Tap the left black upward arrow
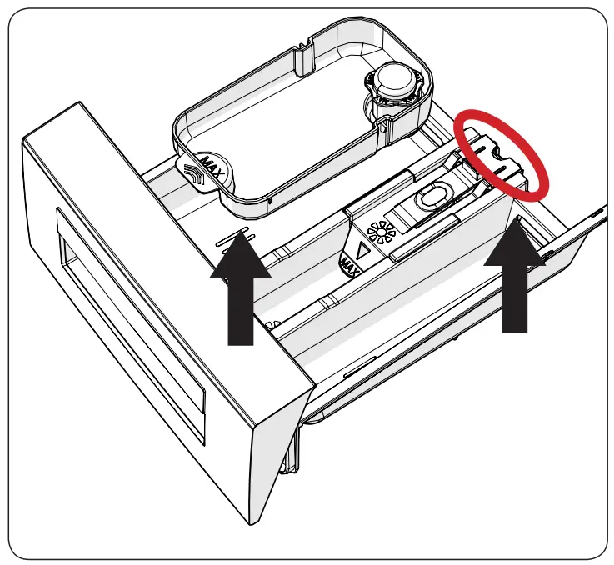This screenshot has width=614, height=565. (240, 292)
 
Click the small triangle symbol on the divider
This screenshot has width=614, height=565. (362, 249)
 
